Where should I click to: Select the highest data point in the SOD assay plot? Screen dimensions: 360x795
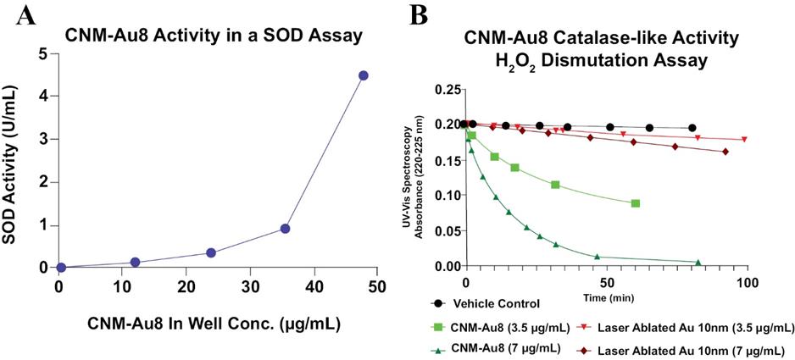coord(363,75)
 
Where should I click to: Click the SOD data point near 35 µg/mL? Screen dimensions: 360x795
coord(286,229)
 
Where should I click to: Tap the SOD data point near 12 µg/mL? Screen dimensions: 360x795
coord(135,263)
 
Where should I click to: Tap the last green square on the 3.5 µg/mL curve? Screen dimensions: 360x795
coord(635,203)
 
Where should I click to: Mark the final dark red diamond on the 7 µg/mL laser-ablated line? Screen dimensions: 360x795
coord(726,152)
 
